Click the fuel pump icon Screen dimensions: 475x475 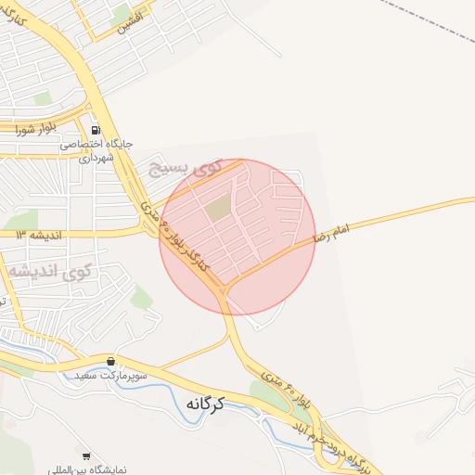coord(96,129)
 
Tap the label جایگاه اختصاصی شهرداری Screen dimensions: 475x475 coord(97,151)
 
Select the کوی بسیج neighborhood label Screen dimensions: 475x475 coord(181,168)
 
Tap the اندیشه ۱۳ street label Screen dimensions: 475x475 coord(37,235)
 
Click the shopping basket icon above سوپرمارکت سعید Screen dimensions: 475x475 coord(111,361)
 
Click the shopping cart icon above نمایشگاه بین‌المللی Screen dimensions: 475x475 coord(86,456)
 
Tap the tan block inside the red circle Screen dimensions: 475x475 coord(217,211)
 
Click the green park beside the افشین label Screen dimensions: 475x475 coord(121,11)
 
